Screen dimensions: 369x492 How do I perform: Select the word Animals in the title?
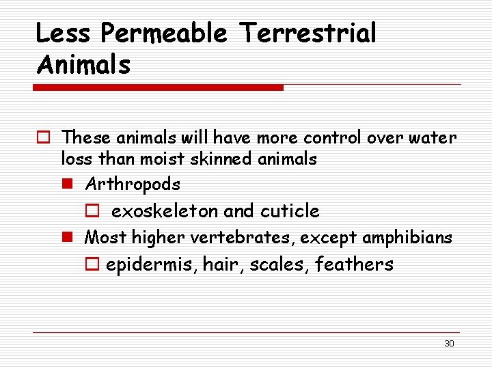tap(83, 65)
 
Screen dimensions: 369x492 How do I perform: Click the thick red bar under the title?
tap(159, 87)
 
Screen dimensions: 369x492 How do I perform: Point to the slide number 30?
tap(449, 344)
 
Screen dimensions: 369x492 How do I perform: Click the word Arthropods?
tap(133, 184)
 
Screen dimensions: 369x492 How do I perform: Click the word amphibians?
tap(415, 238)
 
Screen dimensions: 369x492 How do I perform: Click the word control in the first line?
tap(333, 138)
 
